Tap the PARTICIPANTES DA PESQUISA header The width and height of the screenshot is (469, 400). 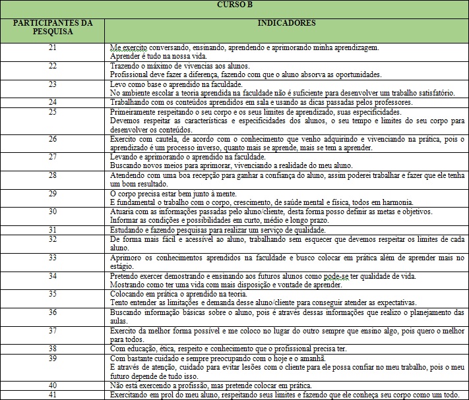click(x=53, y=26)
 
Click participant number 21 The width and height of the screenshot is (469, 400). click(x=53, y=48)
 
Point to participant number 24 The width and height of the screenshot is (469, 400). click(x=53, y=102)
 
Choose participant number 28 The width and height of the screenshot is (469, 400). click(x=53, y=175)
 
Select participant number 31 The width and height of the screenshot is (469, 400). click(x=53, y=229)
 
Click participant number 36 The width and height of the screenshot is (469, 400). click(x=53, y=311)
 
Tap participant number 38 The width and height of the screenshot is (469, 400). click(x=53, y=347)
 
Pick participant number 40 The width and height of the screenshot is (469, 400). click(x=53, y=384)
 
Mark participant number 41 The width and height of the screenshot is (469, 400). click(x=53, y=393)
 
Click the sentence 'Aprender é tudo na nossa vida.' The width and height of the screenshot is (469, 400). click(x=153, y=57)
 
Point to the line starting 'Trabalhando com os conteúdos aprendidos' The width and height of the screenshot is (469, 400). click(x=261, y=102)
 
